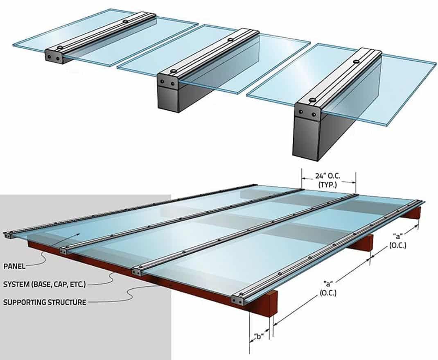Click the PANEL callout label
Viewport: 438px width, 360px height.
[x=14, y=266]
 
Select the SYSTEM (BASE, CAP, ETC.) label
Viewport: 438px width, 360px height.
[x=45, y=284]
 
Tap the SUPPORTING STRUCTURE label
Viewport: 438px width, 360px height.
[x=45, y=302]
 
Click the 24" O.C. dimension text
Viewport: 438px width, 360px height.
[x=328, y=176]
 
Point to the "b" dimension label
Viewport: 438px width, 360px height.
[x=259, y=336]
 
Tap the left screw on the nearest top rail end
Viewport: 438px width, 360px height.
[x=300, y=112]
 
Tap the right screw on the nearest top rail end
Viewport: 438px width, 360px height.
[x=314, y=114]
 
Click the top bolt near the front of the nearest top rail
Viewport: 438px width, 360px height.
[x=312, y=100]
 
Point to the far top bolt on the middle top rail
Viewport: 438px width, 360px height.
[x=230, y=40]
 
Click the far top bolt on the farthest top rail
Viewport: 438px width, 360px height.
[x=125, y=21]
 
